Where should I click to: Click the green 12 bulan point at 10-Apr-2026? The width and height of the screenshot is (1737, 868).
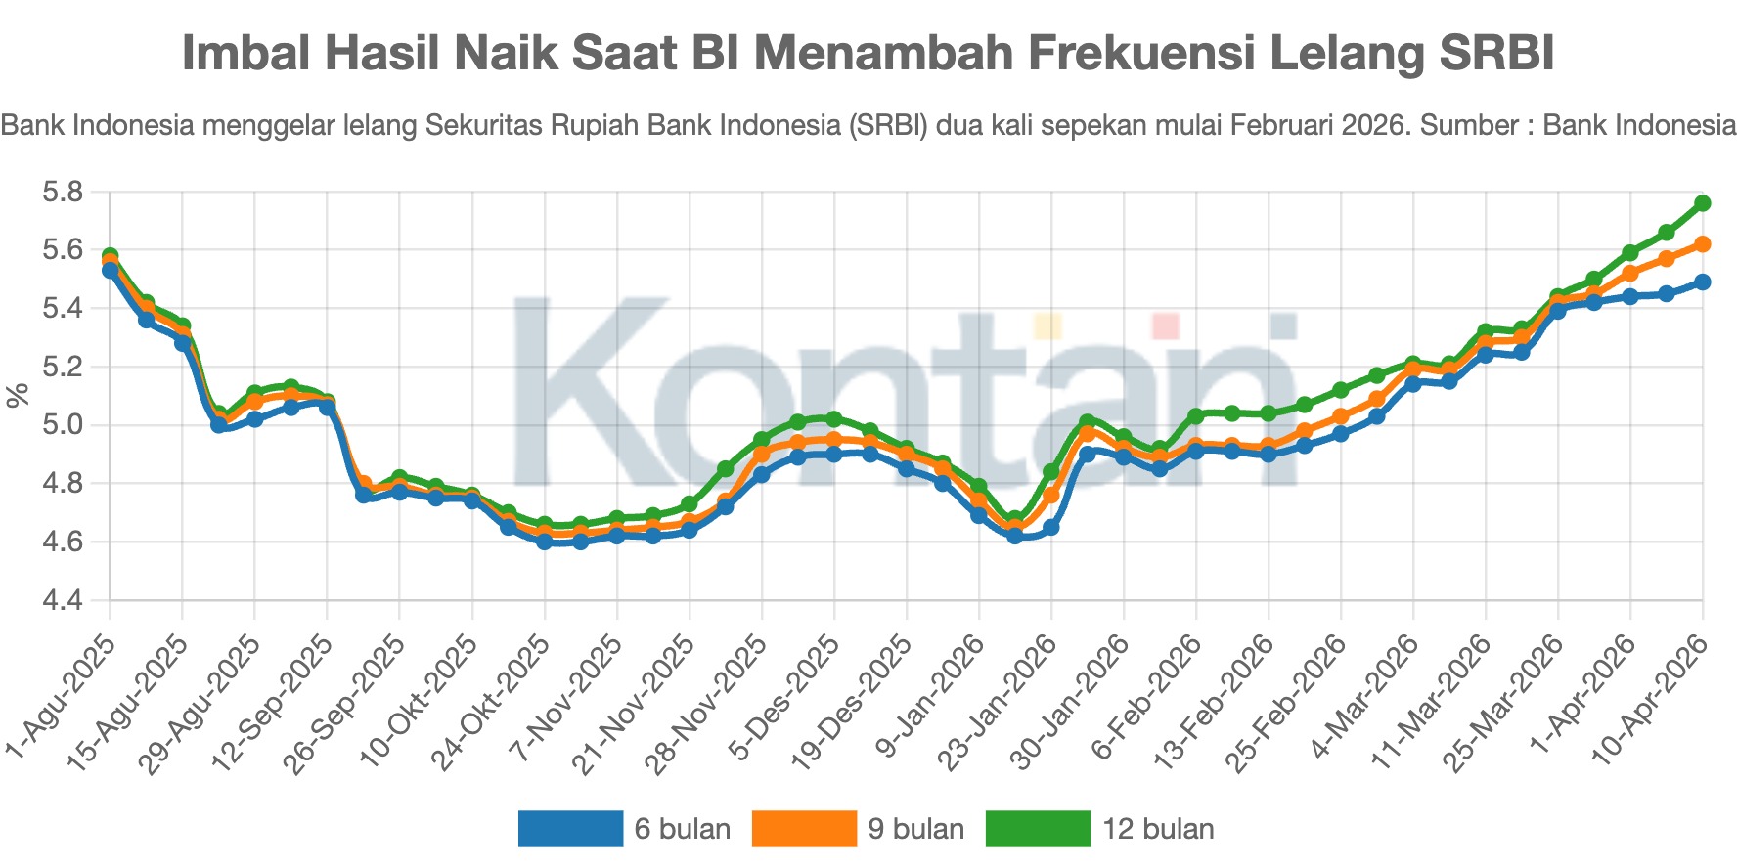pyautogui.click(x=1702, y=203)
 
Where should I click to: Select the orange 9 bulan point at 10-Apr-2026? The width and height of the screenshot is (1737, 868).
pyautogui.click(x=1702, y=244)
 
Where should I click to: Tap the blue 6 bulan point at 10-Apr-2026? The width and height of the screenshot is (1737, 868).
pyautogui.click(x=1702, y=282)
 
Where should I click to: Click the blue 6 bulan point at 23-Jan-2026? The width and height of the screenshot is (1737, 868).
pyautogui.click(x=1050, y=528)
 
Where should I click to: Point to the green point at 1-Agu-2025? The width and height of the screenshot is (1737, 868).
pyautogui.click(x=111, y=256)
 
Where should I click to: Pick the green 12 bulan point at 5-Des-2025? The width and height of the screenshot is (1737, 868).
pyautogui.click(x=833, y=419)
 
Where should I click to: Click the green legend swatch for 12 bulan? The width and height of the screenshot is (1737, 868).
pyautogui.click(x=1037, y=829)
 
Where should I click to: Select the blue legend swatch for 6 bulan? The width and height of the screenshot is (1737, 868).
pyautogui.click(x=570, y=829)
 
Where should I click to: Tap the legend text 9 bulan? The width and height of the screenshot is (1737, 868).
pyautogui.click(x=915, y=829)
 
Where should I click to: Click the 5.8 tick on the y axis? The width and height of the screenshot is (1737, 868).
pyautogui.click(x=62, y=193)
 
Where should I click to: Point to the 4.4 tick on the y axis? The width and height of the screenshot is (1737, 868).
pyautogui.click(x=62, y=601)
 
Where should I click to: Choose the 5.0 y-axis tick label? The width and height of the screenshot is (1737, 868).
pyautogui.click(x=62, y=426)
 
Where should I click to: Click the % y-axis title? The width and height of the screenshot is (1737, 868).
pyautogui.click(x=18, y=396)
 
